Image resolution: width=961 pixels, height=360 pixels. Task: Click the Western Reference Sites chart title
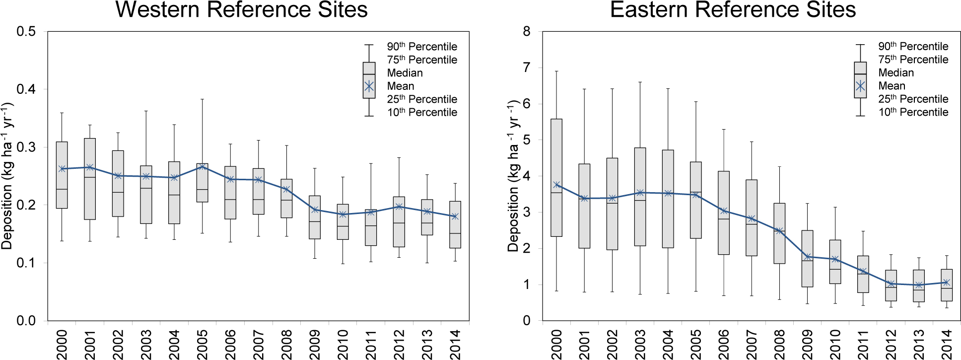pos(241,9)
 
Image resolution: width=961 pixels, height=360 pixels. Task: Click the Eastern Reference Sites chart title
pos(733,9)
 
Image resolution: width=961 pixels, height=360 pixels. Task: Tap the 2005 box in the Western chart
pos(202,182)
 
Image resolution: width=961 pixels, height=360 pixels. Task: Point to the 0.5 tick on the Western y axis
pos(26,32)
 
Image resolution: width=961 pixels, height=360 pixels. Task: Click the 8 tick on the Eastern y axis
pos(527,32)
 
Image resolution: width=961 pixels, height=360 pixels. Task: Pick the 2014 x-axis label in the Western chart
pos(455,344)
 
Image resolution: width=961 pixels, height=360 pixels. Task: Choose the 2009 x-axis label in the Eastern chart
pos(808,344)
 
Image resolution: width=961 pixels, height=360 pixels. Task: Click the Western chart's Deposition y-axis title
pos(7,176)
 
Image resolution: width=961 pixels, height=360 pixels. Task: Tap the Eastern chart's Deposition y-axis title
pos(513,176)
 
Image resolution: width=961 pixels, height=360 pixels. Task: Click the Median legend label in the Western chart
pos(405,73)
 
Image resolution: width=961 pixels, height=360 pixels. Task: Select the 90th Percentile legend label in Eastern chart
pos(913,46)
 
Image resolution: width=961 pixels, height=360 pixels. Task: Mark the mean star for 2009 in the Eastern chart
pos(808,257)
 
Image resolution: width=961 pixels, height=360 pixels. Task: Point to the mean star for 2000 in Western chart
pos(62,169)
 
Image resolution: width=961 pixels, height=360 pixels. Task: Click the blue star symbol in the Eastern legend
pos(860,86)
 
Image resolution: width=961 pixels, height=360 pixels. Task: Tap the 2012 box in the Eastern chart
pos(891,286)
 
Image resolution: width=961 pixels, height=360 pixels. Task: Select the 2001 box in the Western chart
pos(90,179)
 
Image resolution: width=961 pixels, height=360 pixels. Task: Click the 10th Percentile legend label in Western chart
pos(422,112)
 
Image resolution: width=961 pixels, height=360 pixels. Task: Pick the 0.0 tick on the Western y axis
pos(26,321)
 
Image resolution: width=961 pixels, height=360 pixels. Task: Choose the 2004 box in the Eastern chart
pos(668,199)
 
